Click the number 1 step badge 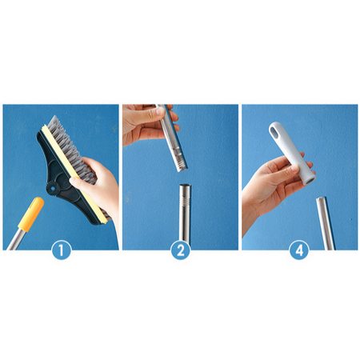coord(61,250)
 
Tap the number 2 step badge coord(181,250)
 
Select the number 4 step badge coord(299,250)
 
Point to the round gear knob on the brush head coord(53,189)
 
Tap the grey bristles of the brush coord(76,154)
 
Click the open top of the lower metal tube coord(185,186)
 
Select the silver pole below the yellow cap coord(14,238)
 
